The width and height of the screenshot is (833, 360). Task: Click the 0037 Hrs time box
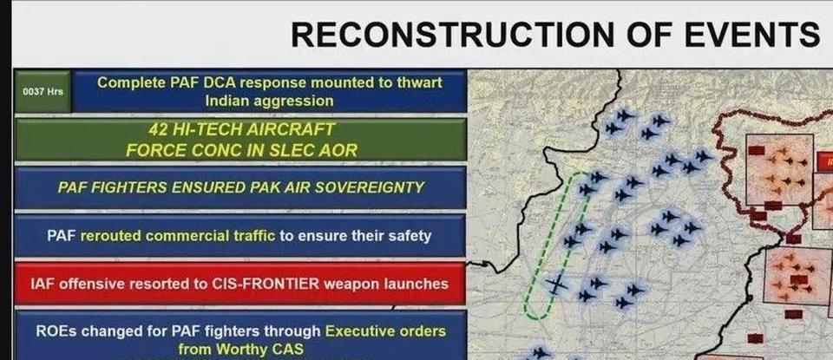click(43, 91)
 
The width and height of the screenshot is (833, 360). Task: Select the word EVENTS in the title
click(750, 35)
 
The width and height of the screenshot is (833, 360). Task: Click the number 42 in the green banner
click(159, 129)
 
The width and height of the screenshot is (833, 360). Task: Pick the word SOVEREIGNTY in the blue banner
click(372, 187)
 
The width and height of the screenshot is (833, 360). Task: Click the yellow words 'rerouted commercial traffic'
click(177, 236)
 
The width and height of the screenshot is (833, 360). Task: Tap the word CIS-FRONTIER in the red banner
click(266, 284)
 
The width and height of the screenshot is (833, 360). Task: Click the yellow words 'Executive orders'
click(385, 331)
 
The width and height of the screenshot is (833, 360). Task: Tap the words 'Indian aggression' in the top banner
click(269, 101)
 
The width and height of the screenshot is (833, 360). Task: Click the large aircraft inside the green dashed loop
click(556, 284)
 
